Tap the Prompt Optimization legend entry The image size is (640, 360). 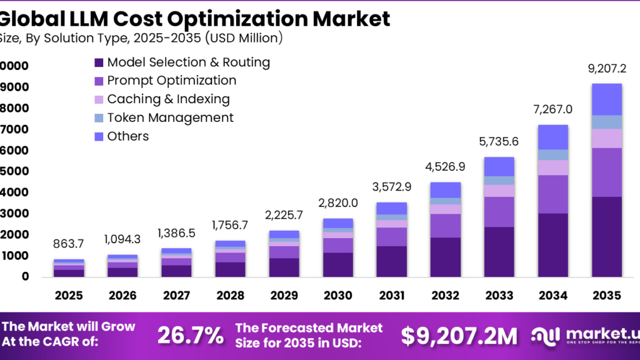click(x=171, y=81)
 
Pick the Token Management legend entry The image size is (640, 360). click(x=170, y=117)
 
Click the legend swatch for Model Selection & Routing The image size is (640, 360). click(x=99, y=62)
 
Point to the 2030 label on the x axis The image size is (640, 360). click(x=338, y=295)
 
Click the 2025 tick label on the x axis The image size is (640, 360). click(x=69, y=295)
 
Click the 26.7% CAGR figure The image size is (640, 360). click(x=190, y=336)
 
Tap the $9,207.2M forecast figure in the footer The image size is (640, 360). click(x=459, y=336)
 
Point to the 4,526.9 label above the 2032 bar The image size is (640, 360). click(x=446, y=167)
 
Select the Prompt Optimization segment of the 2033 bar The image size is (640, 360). click(x=499, y=212)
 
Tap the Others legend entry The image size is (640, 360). click(x=127, y=136)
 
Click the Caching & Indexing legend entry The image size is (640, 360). click(x=168, y=99)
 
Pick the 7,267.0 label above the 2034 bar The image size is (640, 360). click(x=553, y=110)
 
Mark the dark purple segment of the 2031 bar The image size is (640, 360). click(x=392, y=261)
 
